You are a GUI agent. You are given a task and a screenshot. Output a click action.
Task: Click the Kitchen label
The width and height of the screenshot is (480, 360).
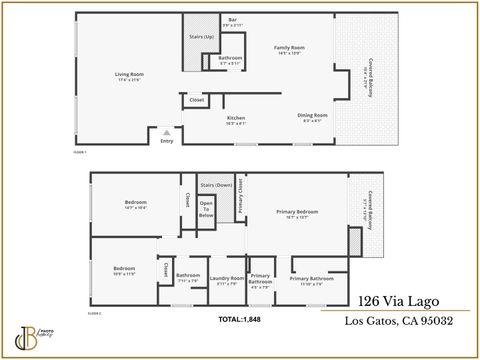coord(236,117)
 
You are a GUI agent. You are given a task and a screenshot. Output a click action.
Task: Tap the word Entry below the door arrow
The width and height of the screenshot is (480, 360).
coord(167,141)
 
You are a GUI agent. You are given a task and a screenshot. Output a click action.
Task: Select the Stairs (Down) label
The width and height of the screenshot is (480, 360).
coord(216,185)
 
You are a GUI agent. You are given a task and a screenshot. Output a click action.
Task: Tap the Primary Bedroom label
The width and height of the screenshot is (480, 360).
coord(297,211)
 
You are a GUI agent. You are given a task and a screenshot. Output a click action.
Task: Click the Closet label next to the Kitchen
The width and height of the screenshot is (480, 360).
coord(197,100)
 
